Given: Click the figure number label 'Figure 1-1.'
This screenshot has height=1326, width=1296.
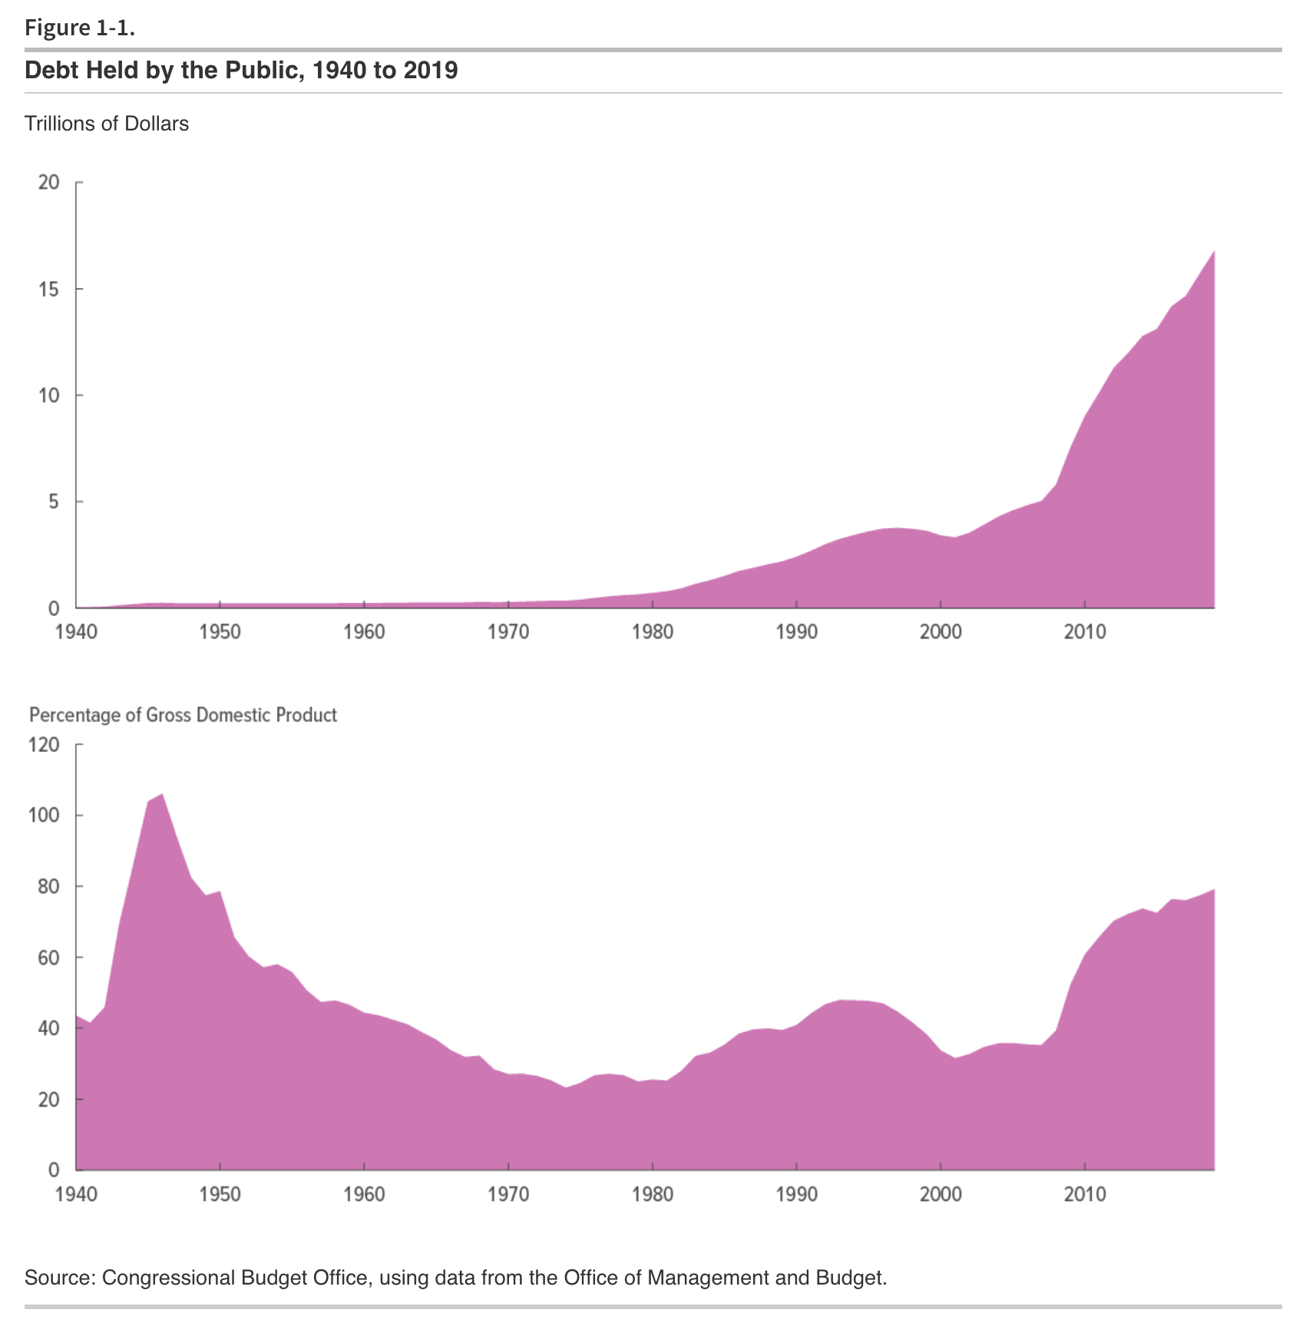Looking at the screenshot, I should coord(80,28).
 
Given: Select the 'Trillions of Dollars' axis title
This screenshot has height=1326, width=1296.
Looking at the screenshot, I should coord(107,124).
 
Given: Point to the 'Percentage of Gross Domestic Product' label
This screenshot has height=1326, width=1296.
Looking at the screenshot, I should coord(183,715).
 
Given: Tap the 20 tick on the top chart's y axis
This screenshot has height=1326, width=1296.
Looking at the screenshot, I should coord(49,183).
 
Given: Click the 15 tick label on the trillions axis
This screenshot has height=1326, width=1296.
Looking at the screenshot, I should coord(49,289).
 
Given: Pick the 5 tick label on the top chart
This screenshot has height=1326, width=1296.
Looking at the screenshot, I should coord(53,502).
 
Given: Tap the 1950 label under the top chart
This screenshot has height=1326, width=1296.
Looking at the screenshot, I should coord(220,632).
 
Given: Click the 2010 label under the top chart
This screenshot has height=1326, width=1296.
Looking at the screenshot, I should coord(1085,632).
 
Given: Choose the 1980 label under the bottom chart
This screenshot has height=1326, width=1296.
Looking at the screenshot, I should coord(653,1194).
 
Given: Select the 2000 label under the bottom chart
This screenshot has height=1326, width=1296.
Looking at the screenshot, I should coord(941,1194).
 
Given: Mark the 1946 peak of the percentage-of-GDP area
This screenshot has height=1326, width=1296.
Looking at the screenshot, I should coord(162,795).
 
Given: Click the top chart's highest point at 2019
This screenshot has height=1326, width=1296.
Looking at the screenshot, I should coord(1214,252).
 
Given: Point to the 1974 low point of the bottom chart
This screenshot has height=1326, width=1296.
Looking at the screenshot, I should coord(566,1087).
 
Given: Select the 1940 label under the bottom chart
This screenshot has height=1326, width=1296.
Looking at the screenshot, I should coord(76,1194).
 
